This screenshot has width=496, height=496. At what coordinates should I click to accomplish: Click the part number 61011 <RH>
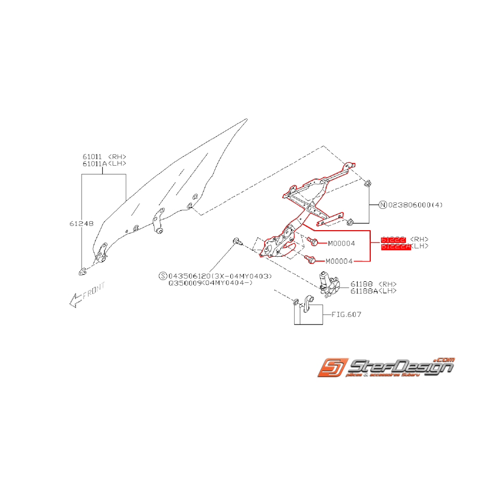tap(104, 157)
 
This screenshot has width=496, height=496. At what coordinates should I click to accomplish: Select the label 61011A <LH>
tap(104, 164)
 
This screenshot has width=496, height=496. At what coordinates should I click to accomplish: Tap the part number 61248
tap(78, 224)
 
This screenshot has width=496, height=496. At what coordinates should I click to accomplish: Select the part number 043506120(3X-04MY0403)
tap(220, 276)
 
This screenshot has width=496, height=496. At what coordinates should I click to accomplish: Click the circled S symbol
tap(162, 276)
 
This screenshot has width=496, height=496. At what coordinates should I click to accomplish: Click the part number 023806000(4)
tap(415, 205)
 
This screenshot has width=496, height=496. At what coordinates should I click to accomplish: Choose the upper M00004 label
tap(340, 243)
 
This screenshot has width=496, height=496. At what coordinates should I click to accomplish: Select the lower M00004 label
tap(340, 262)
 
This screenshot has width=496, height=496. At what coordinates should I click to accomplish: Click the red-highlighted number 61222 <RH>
tap(404, 239)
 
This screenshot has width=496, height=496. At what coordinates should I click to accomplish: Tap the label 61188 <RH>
tap(373, 284)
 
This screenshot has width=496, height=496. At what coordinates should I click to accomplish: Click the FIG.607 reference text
tap(346, 314)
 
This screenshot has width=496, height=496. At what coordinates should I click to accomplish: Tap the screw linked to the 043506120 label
tap(237, 242)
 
